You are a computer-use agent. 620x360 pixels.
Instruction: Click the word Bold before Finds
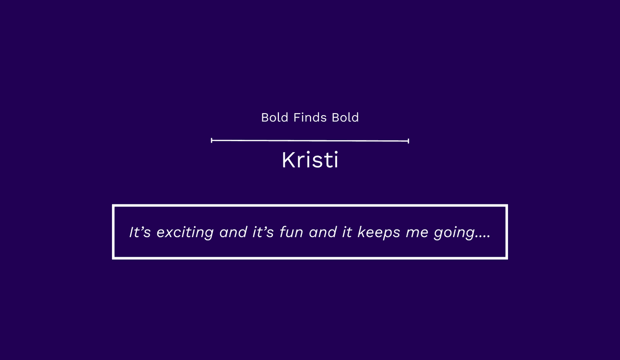pos(275,118)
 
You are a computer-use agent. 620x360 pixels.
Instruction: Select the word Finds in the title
pos(310,118)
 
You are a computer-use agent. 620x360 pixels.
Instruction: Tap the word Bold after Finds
pos(345,118)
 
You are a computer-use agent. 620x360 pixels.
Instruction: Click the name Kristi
pos(310,160)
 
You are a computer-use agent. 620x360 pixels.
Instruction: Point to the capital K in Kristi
pos(288,160)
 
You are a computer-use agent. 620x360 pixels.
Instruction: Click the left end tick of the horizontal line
pos(211,140)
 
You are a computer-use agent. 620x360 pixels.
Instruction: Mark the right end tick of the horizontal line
pos(409,141)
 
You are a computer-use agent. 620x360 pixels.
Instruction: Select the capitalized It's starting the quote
pos(140,232)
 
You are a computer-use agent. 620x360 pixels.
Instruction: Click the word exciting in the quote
pos(185,233)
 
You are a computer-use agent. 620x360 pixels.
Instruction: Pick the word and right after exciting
pos(233,232)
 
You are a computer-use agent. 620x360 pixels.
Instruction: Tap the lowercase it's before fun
pos(263,232)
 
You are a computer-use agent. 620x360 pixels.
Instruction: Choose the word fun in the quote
pos(291,232)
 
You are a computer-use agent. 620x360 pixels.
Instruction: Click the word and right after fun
pos(323,232)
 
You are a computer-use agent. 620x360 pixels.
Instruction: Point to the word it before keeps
pos(347,232)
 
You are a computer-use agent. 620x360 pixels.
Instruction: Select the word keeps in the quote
pos(379,233)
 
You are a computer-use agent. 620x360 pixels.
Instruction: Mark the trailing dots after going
pos(483,237)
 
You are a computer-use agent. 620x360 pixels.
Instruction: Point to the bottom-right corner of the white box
pos(507,259)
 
